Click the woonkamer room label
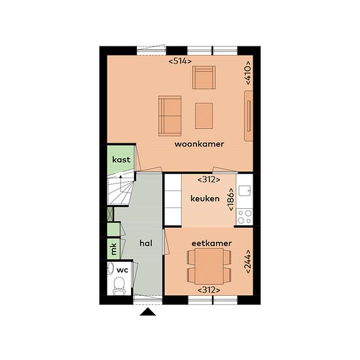click(199, 144)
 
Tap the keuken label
click(205, 198)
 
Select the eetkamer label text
click(211, 243)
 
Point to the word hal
click(146, 243)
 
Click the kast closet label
click(121, 160)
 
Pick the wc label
click(122, 270)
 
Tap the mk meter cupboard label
click(114, 249)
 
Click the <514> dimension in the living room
click(180, 62)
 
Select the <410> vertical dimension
click(248, 73)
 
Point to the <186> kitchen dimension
click(231, 200)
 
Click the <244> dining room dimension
click(248, 261)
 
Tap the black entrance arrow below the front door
click(148, 312)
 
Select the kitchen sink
click(245, 190)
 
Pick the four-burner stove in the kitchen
click(245, 217)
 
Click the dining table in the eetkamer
click(209, 266)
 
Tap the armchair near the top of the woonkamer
click(204, 78)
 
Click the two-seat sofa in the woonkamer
click(170, 116)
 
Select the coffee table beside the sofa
click(204, 116)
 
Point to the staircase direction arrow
click(121, 183)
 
